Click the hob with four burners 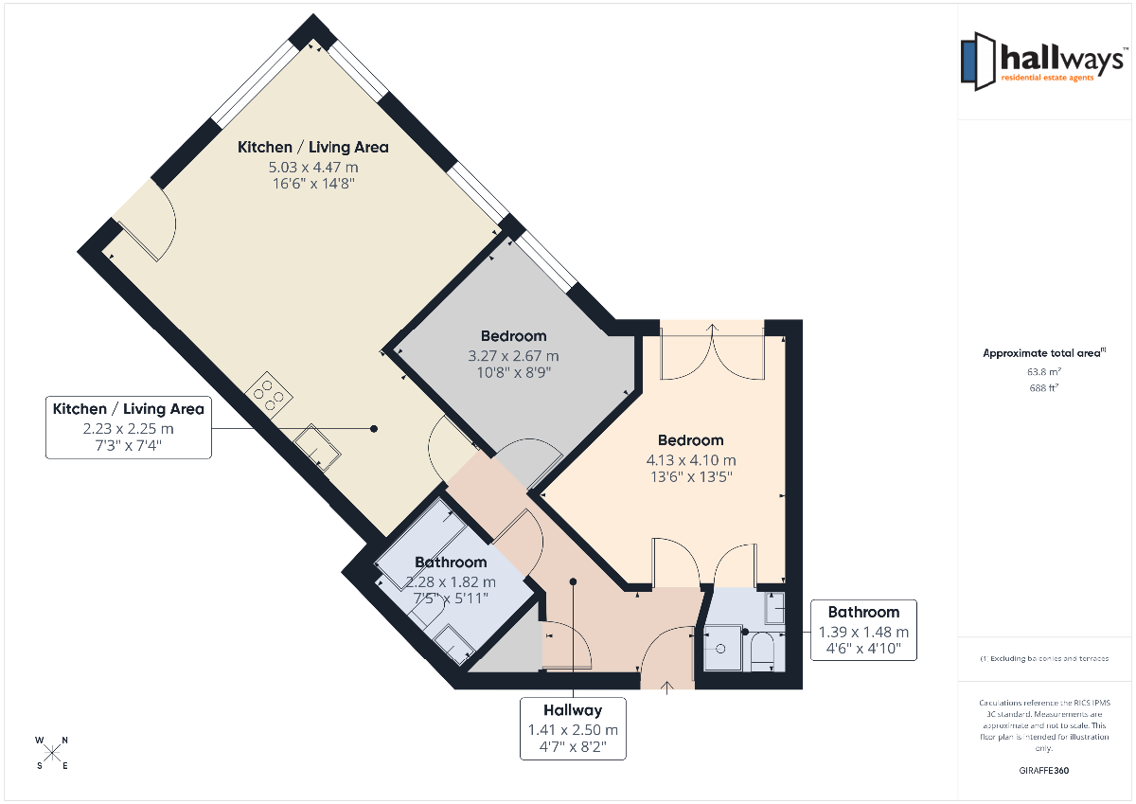coord(268,395)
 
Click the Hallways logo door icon coord(978,62)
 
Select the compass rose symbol coord(52,754)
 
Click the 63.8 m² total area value coord(1043,372)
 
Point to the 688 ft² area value coord(1043,388)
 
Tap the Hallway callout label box coord(573,729)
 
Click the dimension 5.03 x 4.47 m coord(313,167)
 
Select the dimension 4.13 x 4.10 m coord(691,460)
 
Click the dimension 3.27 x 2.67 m coord(513,356)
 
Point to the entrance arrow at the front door coord(666,688)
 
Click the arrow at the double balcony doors coord(713,329)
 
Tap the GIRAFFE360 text coord(1043,771)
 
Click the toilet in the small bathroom coord(762,652)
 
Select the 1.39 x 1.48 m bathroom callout coord(863,631)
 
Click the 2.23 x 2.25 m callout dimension coord(129,429)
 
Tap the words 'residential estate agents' coord(1047,78)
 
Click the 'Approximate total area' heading coord(1043,353)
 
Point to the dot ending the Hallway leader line coord(573,581)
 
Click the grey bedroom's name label coord(513,336)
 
